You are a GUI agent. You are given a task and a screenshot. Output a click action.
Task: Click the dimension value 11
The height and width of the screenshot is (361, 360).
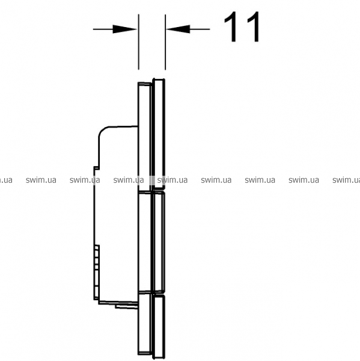click(242, 26)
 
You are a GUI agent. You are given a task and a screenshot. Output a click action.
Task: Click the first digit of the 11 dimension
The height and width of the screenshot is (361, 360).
click(231, 26)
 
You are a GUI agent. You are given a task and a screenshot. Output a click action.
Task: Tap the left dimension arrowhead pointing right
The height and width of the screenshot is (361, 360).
click(124, 29)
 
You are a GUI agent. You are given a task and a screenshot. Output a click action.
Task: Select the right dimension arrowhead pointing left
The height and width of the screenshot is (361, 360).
click(178, 29)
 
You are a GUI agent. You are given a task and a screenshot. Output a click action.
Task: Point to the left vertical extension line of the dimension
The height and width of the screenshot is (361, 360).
click(138, 42)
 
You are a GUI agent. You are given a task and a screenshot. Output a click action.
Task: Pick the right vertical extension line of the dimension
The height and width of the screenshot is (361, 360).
click(165, 42)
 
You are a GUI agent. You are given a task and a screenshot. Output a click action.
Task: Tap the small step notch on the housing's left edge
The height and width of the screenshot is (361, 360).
click(96, 168)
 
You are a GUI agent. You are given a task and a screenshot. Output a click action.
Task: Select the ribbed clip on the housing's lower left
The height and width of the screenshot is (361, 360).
click(97, 273)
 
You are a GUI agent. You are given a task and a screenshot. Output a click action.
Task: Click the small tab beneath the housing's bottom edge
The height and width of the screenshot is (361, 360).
click(127, 307)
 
